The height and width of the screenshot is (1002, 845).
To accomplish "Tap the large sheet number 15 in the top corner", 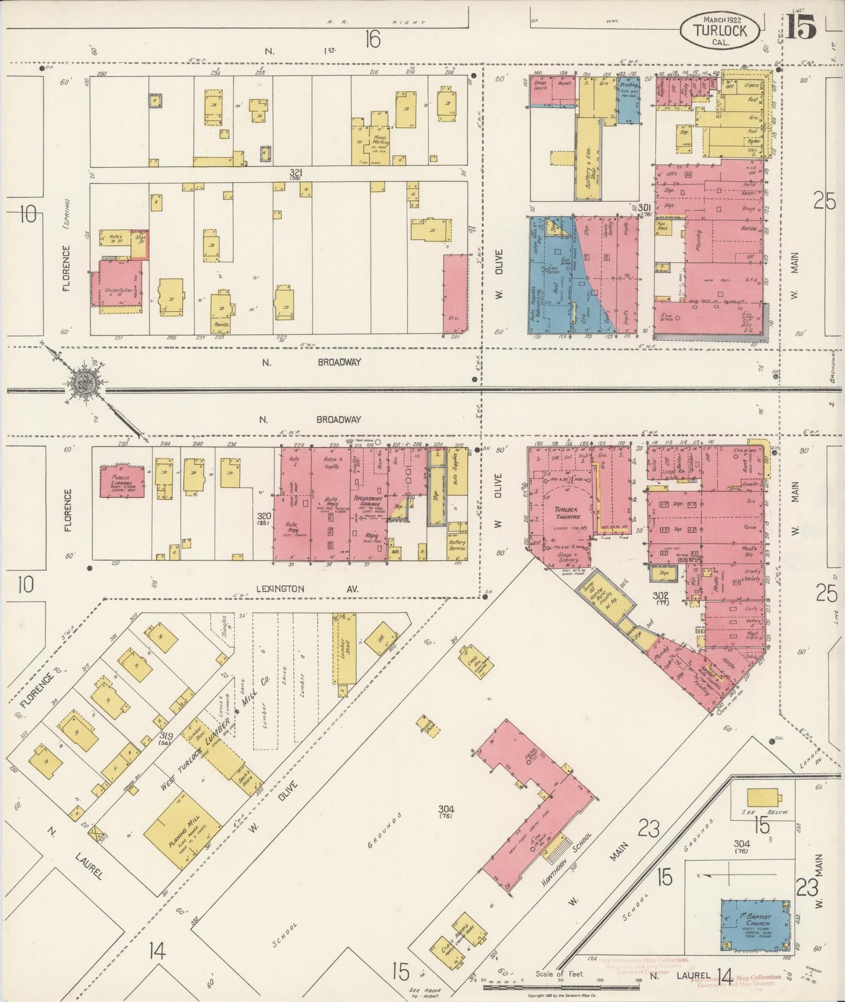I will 801,26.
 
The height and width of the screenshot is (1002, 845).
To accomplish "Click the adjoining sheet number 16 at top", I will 372,39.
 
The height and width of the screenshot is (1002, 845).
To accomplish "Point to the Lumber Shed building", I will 344,650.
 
